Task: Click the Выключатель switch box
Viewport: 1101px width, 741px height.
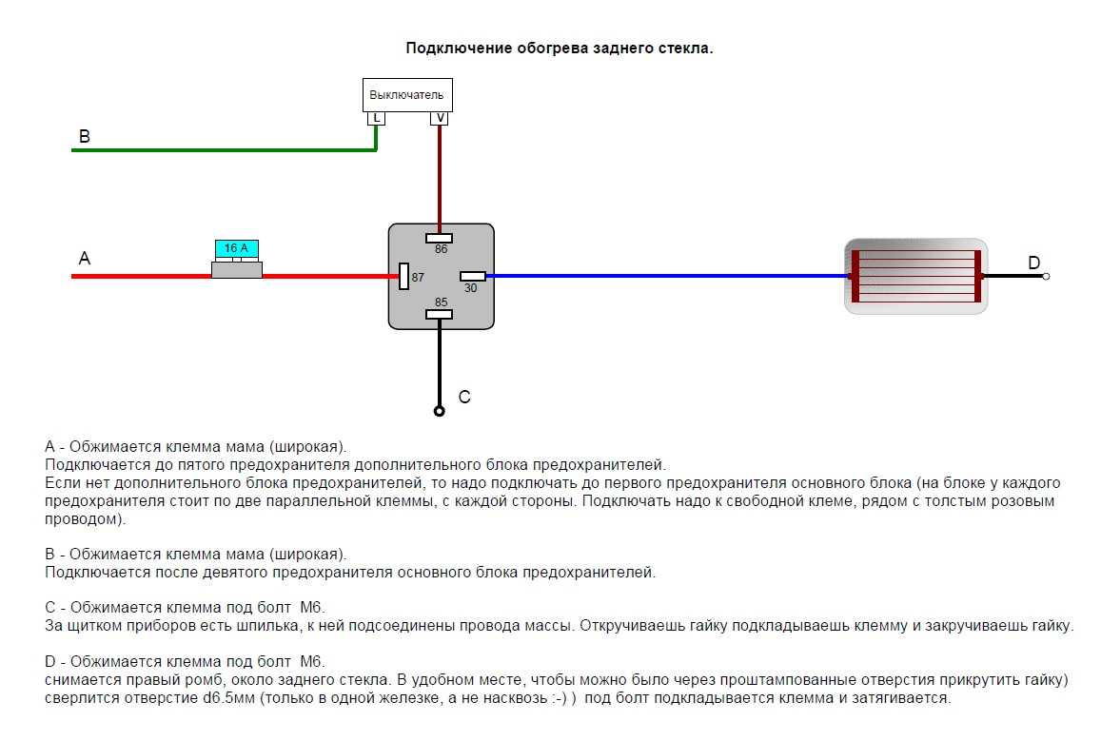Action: (x=407, y=95)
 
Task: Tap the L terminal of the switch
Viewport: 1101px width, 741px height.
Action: (x=377, y=119)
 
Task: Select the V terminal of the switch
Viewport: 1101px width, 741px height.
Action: (x=440, y=119)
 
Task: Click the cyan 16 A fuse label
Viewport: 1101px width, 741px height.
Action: (x=237, y=248)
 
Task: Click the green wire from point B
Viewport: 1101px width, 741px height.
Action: (x=224, y=149)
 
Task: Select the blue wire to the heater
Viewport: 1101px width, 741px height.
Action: (x=667, y=276)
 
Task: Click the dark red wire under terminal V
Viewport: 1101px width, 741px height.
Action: (x=440, y=180)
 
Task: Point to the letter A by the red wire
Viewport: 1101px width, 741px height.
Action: (x=85, y=258)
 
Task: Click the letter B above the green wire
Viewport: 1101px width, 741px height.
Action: (x=85, y=136)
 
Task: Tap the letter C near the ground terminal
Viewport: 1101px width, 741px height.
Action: (x=464, y=398)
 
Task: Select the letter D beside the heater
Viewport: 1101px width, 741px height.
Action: (x=1033, y=263)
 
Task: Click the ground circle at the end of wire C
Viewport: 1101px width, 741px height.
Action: (x=440, y=411)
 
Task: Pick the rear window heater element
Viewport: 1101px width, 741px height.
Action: (x=915, y=276)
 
